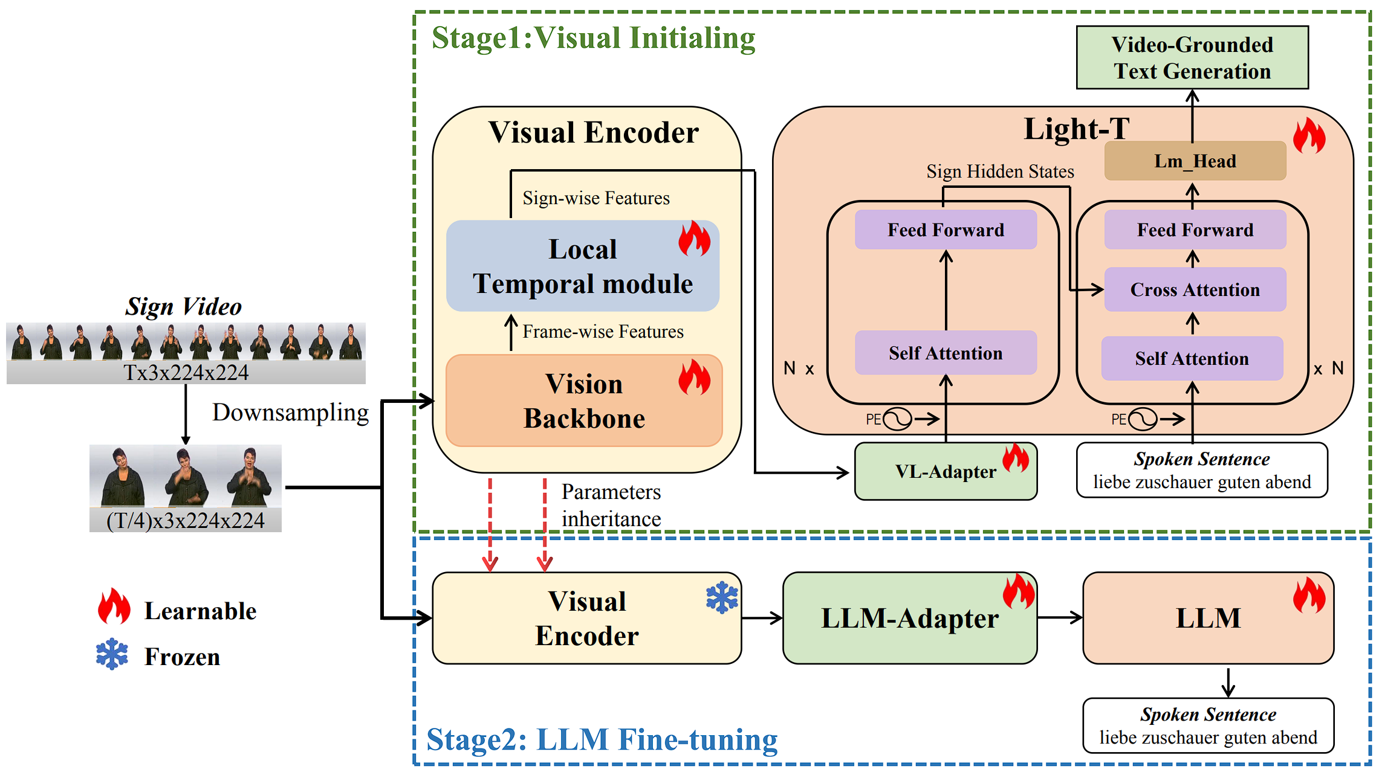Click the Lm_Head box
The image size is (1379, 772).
[x=1195, y=161]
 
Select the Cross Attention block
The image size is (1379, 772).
[x=1195, y=290]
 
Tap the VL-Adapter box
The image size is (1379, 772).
[x=945, y=472]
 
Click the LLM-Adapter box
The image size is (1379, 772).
[x=909, y=619]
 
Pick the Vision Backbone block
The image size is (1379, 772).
[x=584, y=401]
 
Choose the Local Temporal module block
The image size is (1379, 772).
[x=582, y=266]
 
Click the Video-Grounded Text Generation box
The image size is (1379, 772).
[x=1192, y=58]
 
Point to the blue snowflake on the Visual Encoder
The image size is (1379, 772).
[x=722, y=598]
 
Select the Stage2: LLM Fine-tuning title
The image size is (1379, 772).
[x=602, y=740]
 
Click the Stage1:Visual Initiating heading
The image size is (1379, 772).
[x=593, y=38]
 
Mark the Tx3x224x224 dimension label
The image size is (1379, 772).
[x=186, y=373]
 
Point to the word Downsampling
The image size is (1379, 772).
[x=290, y=413]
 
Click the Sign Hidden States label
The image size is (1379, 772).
[x=1000, y=172]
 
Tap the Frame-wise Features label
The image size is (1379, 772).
[x=603, y=332]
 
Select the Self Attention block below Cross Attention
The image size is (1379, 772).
[x=1192, y=359]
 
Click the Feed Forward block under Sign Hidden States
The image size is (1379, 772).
[x=946, y=230]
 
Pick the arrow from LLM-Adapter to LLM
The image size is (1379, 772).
[x=1060, y=617]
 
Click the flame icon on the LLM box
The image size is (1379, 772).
[x=1309, y=594]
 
